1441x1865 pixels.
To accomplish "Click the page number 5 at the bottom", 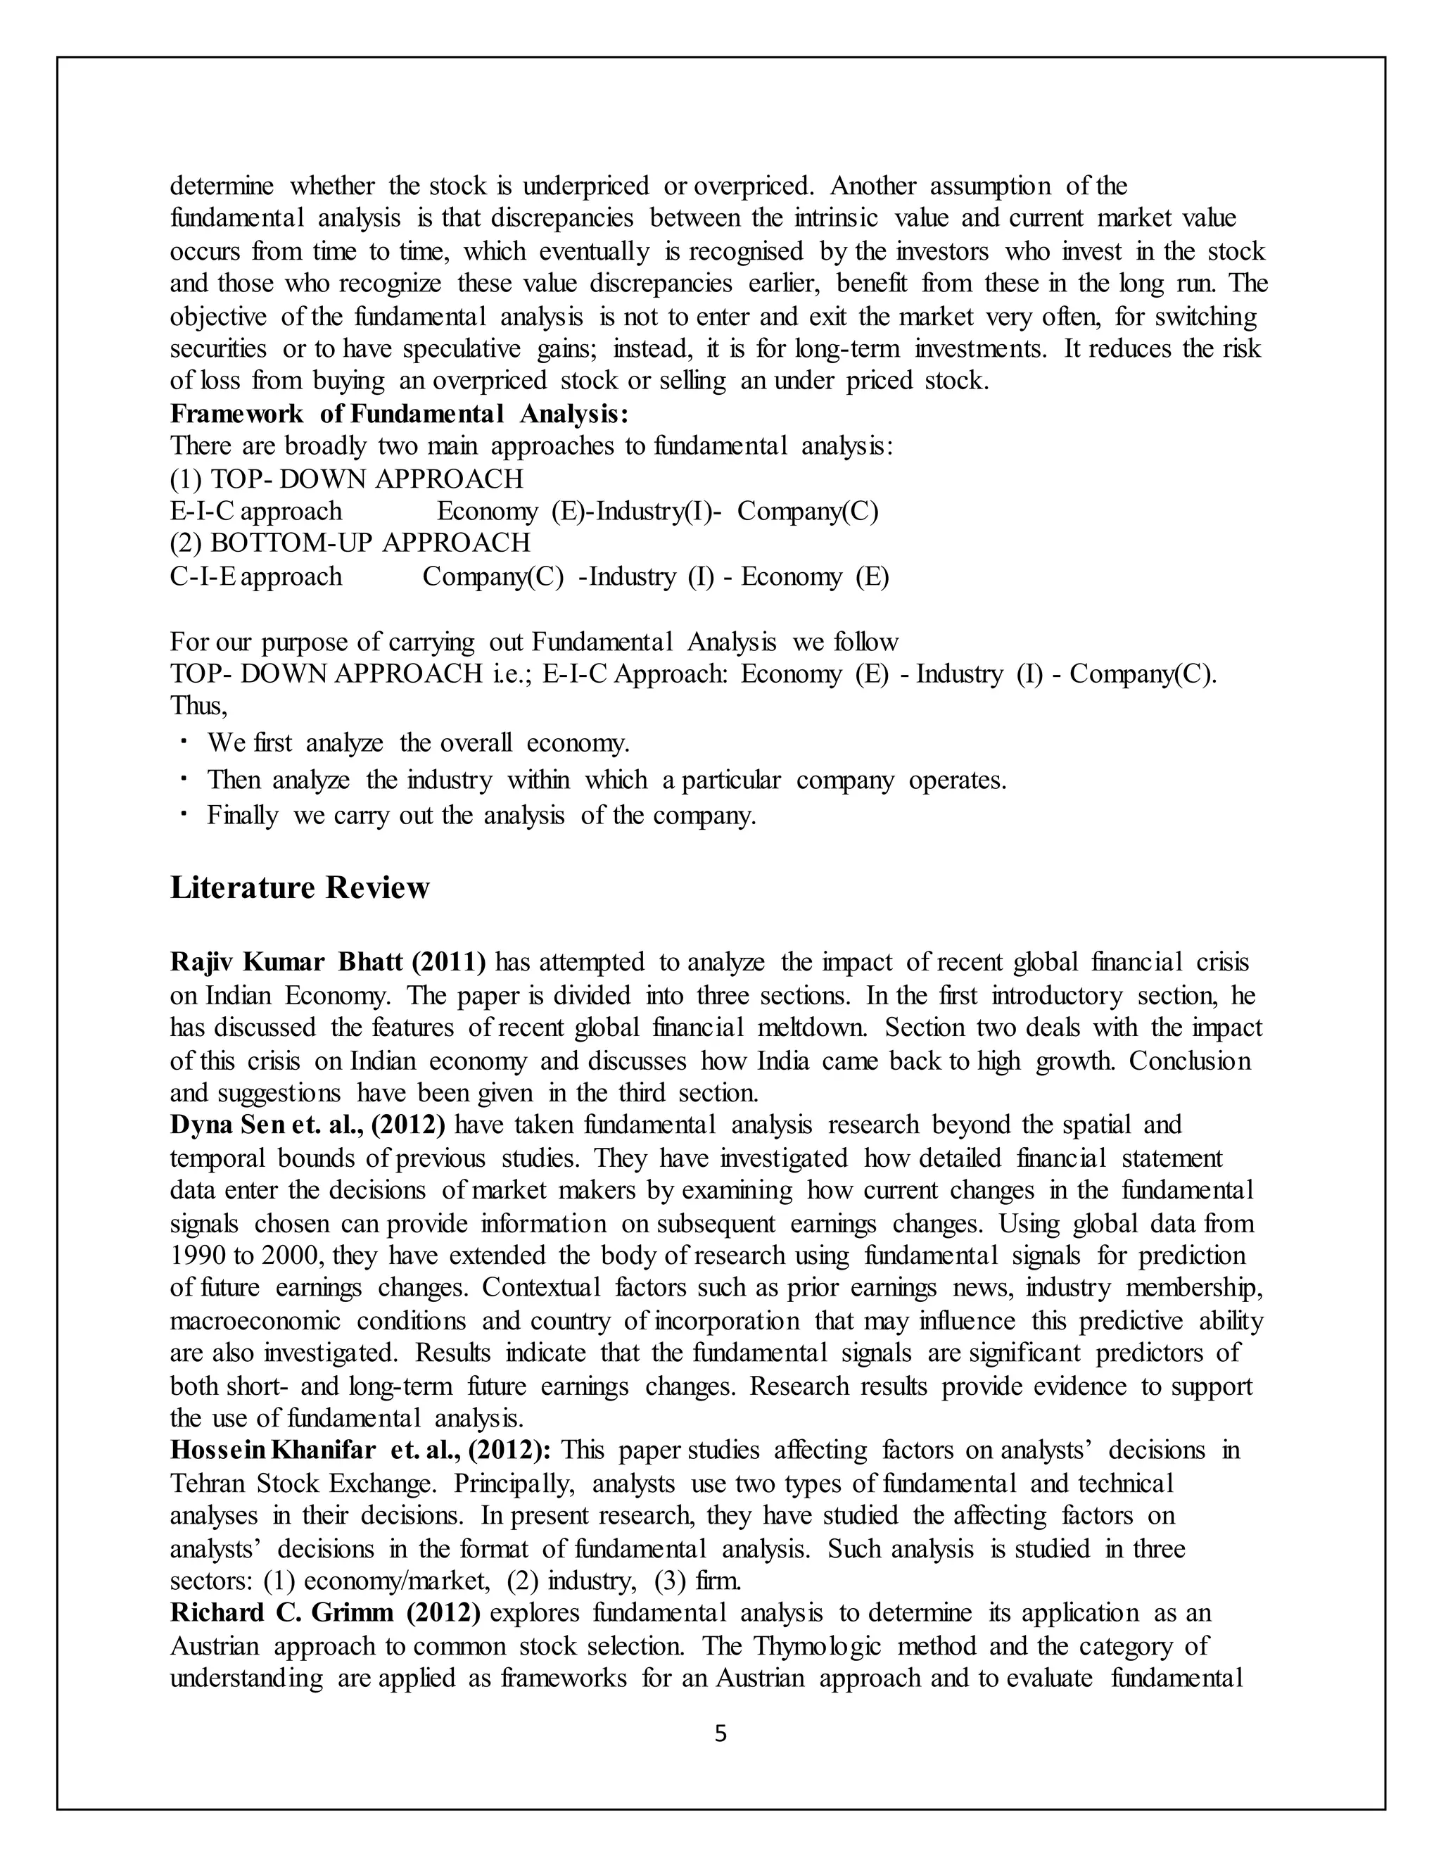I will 720,1733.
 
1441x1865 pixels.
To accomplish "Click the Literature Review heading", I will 300,888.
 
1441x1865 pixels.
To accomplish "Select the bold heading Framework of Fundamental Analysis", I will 399,413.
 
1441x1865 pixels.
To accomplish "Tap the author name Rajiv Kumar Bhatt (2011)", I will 328,962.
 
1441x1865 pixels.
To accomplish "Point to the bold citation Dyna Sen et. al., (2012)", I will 307,1125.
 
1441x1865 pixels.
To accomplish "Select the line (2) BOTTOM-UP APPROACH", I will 350,543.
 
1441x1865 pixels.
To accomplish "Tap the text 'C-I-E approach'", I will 256,576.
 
